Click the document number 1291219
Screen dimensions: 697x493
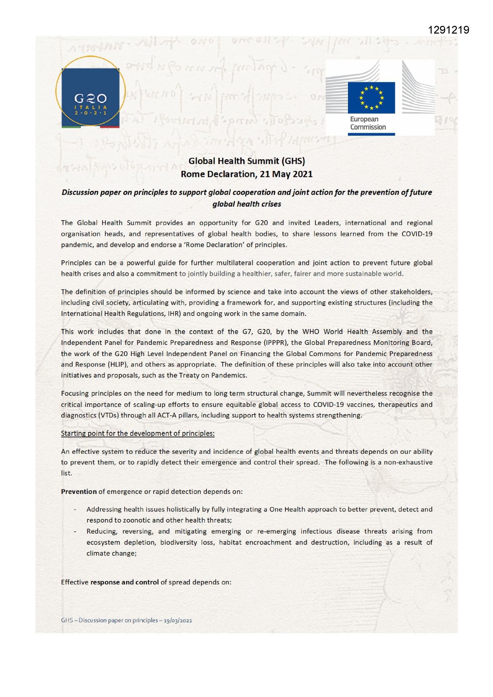point(448,30)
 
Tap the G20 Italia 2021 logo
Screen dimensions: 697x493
point(91,92)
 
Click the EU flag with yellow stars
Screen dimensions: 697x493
point(371,98)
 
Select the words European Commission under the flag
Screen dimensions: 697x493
point(367,123)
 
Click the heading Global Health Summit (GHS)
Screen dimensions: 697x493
point(247,161)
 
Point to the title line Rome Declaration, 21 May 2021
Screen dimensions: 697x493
point(247,174)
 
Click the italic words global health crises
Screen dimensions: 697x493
point(247,204)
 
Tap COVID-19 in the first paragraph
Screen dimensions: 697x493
point(417,234)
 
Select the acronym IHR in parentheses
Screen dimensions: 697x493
point(173,314)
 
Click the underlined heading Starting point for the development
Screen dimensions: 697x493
point(137,434)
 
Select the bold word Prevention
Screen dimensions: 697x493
point(79,492)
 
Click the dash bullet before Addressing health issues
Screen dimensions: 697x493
point(75,509)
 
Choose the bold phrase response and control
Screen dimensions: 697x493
point(124,582)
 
